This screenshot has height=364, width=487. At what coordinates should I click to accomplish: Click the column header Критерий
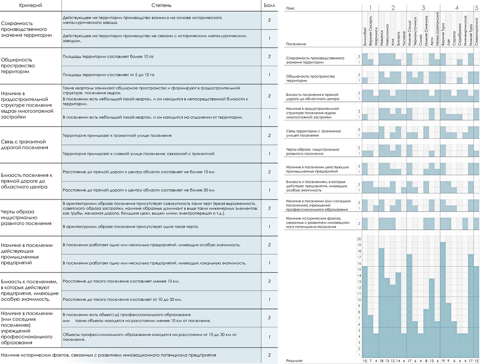[x=31, y=5]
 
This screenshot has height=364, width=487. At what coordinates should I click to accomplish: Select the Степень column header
[x=161, y=5]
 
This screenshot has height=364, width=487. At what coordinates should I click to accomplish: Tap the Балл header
[x=269, y=5]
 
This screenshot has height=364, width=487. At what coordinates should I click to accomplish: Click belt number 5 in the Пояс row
[x=476, y=8]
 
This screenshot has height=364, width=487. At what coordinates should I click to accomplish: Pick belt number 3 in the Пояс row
[x=423, y=8]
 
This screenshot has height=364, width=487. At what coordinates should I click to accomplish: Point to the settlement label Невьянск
[x=382, y=38]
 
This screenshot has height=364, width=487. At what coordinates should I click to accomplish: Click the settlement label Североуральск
[x=476, y=32]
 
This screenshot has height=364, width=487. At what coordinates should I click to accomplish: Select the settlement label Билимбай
[x=365, y=37]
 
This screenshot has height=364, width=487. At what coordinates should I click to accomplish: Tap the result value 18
[x=382, y=361]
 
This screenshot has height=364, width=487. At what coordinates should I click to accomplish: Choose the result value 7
[x=370, y=361]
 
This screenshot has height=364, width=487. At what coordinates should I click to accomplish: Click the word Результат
[x=294, y=361]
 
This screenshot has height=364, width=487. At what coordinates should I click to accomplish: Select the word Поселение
[x=296, y=44]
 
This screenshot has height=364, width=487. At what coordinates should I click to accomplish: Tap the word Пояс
[x=290, y=8]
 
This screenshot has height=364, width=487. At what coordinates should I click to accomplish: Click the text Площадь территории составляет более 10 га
[x=108, y=57]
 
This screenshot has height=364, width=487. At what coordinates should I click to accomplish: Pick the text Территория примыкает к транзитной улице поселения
[x=117, y=136]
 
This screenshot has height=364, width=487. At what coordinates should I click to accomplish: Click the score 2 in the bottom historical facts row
[x=269, y=355]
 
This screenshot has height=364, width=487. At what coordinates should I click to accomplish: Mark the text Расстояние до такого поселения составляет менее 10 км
[x=121, y=281]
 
